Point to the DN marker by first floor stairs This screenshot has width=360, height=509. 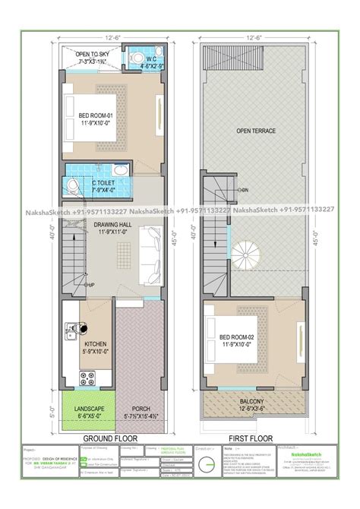[x=243, y=190]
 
